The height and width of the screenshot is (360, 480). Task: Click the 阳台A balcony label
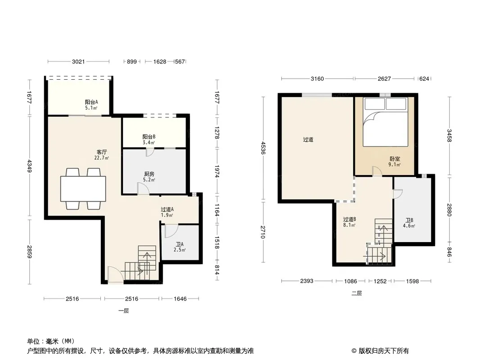coord(91,102)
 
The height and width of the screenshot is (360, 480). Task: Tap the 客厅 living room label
coord(102,152)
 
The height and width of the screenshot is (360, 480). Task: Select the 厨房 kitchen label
coord(149,174)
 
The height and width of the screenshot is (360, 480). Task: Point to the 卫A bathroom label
coord(180,244)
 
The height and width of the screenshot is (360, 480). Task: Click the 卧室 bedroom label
coord(394,159)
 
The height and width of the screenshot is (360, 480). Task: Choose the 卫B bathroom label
coord(409,220)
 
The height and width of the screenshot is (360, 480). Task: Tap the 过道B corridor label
coord(349,219)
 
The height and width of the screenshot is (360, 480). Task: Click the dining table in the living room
coord(83,189)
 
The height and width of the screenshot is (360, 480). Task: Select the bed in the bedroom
coord(385,122)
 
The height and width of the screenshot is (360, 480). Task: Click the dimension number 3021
coord(78,62)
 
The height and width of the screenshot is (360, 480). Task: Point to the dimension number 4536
coord(263,148)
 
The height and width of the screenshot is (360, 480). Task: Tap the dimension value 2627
coord(384,79)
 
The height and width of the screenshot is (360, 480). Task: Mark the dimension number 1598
coord(412,281)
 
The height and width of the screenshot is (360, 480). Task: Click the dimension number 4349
coord(29,166)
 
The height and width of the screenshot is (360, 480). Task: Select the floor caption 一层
coord(124,311)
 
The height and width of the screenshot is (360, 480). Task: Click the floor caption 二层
coord(357,293)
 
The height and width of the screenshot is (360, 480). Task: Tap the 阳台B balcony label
coord(149,137)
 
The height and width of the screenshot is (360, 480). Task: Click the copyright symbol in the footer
coord(354,351)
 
